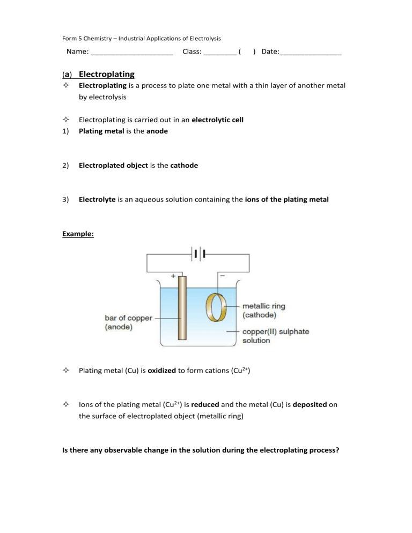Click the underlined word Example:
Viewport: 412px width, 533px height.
click(79, 234)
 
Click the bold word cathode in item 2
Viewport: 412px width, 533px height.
click(184, 166)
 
